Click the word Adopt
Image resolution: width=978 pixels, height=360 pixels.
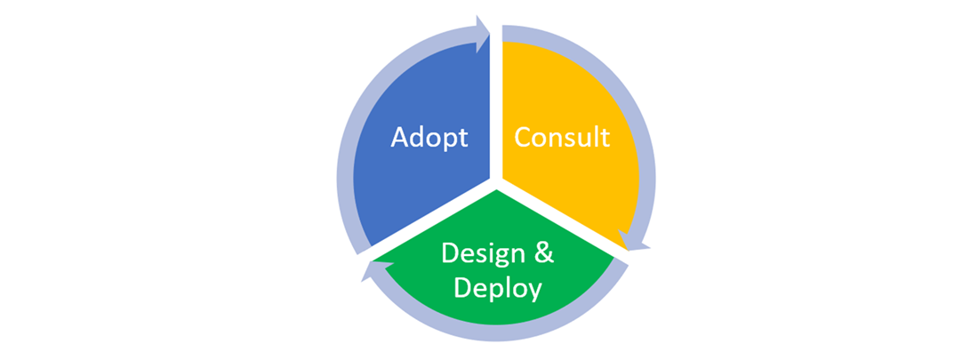pyautogui.click(x=429, y=138)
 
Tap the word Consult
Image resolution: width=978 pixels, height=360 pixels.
pyautogui.click(x=562, y=138)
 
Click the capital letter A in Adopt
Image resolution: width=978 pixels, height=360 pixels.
pyautogui.click(x=400, y=138)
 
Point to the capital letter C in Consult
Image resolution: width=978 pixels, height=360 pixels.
pyautogui.click(x=524, y=138)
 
